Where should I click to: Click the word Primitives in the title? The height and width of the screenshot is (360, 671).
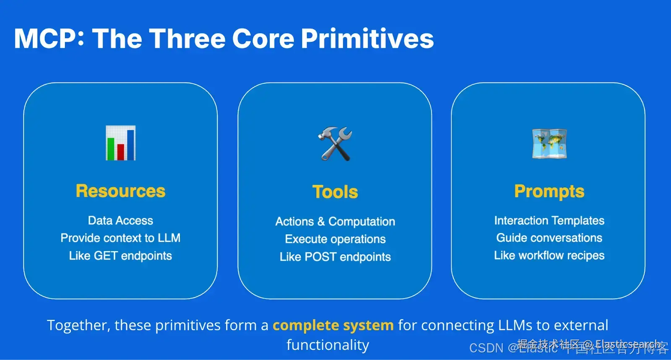tap(367, 39)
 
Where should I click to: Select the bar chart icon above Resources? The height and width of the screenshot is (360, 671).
tap(121, 143)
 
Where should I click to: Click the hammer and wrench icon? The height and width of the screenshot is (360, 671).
tap(335, 144)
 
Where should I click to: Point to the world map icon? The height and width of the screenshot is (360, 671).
tap(549, 144)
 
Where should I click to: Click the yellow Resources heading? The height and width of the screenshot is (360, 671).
tap(121, 191)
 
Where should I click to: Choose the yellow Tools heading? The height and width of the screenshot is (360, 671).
tap(335, 192)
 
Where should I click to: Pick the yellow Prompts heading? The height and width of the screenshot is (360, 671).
tap(549, 191)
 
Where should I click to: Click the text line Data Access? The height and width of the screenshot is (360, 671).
tap(120, 220)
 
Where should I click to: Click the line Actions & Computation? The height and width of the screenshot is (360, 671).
tap(335, 221)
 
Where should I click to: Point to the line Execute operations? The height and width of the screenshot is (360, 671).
tap(335, 239)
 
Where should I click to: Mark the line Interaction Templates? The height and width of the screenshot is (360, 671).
tap(549, 220)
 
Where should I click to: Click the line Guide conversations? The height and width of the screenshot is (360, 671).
tap(549, 238)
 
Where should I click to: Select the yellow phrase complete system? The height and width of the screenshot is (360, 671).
tap(333, 325)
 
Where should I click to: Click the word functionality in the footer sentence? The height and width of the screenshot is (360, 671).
tap(328, 345)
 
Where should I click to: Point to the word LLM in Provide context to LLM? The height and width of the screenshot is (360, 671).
tap(169, 238)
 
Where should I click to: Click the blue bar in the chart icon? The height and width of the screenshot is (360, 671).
tap(130, 145)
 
